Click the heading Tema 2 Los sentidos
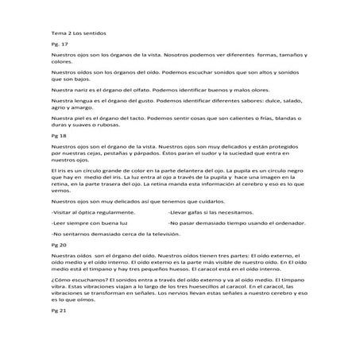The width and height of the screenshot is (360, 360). (83, 34)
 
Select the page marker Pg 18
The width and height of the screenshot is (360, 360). (58, 137)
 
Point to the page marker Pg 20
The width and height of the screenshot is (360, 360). (58, 247)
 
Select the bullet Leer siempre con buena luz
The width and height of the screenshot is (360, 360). (90, 225)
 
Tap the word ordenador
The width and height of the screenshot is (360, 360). (293, 225)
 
